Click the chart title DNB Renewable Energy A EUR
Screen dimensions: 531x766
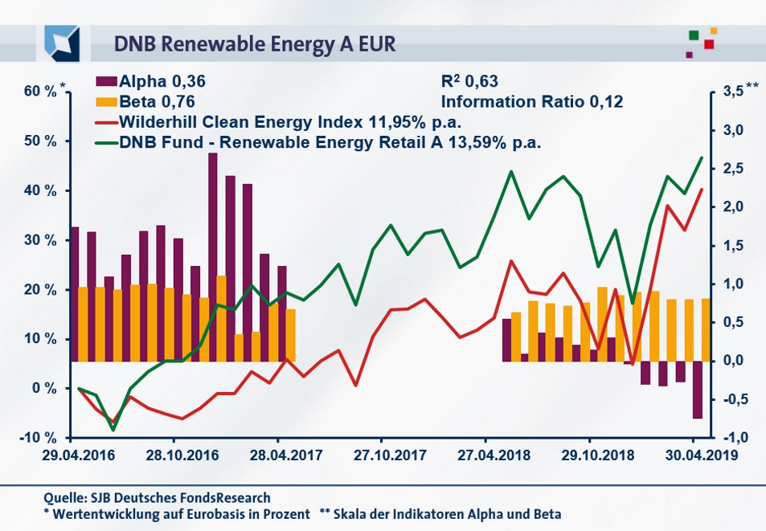coord(255,43)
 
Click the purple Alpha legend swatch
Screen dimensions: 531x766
coord(105,81)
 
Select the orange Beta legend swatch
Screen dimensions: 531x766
coord(105,102)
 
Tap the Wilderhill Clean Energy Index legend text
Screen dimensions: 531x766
coord(293,123)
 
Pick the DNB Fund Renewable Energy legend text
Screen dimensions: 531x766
coord(330,144)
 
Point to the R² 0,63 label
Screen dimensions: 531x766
coord(470,81)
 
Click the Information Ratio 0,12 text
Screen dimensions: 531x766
coord(532,102)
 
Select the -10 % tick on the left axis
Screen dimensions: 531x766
coord(39,438)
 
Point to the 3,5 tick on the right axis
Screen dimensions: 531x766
coord(734,92)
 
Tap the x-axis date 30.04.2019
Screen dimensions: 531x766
coord(694,455)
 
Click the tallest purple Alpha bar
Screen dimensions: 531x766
coord(213,257)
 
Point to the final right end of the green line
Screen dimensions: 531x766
coord(702,157)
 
